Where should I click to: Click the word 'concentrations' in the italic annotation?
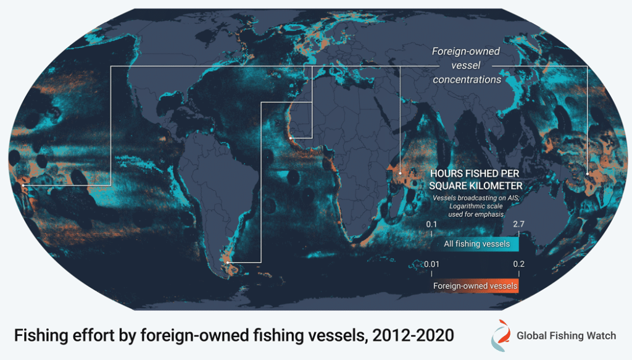[467, 80]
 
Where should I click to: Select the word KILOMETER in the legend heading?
[493, 185]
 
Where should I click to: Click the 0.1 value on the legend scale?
[431, 224]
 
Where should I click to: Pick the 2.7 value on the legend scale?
[518, 224]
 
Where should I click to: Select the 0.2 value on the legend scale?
[518, 265]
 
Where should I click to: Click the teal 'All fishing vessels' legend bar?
[475, 244]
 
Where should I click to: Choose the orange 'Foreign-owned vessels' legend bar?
[475, 286]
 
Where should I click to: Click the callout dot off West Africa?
[291, 138]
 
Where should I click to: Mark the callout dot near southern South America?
[228, 263]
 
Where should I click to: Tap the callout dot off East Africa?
[401, 174]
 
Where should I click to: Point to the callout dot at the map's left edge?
[23, 185]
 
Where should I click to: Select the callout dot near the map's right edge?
[588, 175]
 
